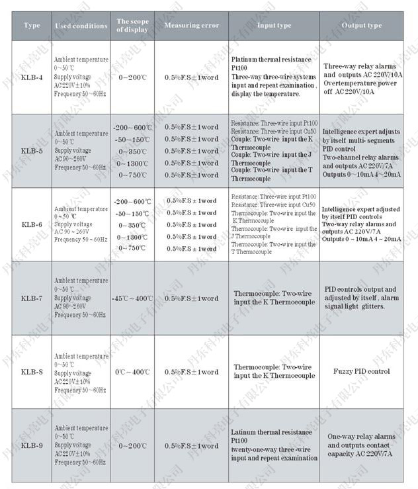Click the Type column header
click(32, 26)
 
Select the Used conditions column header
click(81, 26)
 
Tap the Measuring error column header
click(191, 26)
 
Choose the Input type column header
click(274, 26)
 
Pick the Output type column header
click(362, 26)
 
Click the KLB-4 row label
click(32, 77)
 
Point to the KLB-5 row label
click(32, 151)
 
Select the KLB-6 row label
click(32, 225)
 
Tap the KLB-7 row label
click(32, 298)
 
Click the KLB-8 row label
click(32, 372)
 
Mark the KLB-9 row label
click(32, 445)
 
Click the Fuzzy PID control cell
click(362, 372)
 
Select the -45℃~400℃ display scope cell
click(132, 298)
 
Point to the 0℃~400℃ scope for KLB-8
click(132, 372)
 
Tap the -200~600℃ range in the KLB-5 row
click(132, 127)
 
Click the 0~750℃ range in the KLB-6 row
click(132, 249)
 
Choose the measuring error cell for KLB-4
click(191, 77)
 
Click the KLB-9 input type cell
click(274, 445)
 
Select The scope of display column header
click(132, 26)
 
